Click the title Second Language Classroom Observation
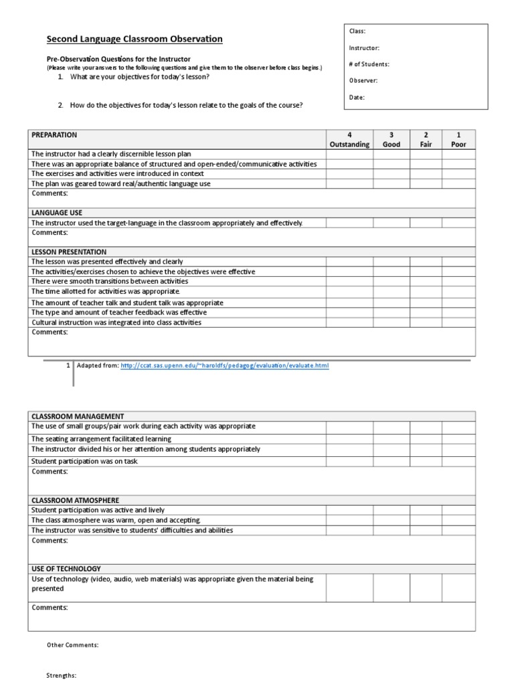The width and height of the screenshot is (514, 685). click(x=134, y=39)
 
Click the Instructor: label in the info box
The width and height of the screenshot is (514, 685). click(x=364, y=48)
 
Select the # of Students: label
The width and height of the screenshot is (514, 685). click(x=369, y=64)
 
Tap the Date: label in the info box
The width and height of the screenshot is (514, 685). click(x=357, y=97)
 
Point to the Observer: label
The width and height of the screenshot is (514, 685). click(x=363, y=80)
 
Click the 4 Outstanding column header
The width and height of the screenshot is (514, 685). click(x=349, y=139)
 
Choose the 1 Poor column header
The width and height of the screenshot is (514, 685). click(x=458, y=139)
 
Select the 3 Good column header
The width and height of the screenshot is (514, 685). click(x=392, y=139)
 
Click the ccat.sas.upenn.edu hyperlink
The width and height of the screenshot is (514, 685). click(x=225, y=366)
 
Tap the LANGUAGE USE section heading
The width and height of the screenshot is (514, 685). click(x=57, y=213)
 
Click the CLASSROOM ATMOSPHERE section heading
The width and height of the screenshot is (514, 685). click(x=75, y=500)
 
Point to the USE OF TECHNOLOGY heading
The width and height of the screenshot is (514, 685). click(x=66, y=569)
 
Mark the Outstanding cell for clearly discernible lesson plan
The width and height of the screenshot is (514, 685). click(x=349, y=154)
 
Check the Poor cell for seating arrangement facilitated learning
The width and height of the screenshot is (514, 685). click(x=458, y=439)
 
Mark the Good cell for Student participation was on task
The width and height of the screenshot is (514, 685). click(x=392, y=461)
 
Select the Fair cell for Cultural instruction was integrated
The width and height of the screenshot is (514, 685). click(x=426, y=322)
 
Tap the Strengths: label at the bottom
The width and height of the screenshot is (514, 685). click(x=62, y=676)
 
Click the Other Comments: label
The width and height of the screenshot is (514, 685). click(x=72, y=645)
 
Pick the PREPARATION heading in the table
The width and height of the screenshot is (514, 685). click(x=54, y=134)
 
